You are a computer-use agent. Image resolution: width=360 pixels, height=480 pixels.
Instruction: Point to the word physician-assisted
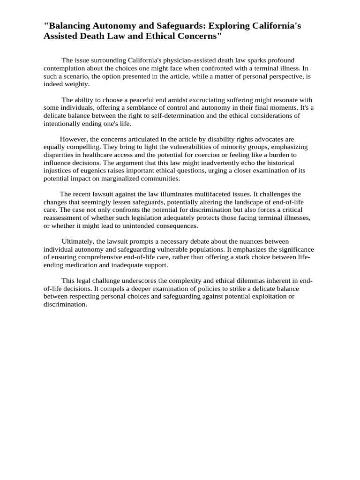(x=188, y=60)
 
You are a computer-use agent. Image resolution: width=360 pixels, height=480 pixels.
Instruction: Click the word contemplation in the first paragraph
(x=65, y=68)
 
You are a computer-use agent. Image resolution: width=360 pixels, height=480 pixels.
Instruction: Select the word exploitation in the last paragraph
(x=269, y=297)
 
